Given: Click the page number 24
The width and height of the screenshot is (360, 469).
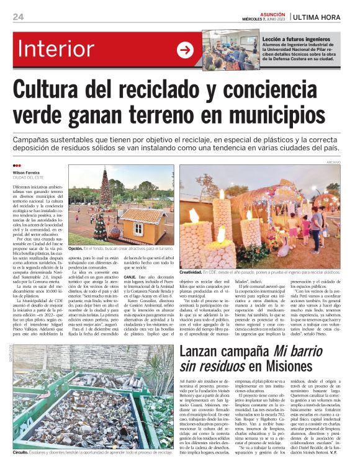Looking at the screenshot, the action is pos(19,17).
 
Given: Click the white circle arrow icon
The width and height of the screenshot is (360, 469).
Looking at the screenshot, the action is pos(185,50).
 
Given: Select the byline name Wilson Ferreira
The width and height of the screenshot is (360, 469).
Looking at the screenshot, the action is pos(26,172).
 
